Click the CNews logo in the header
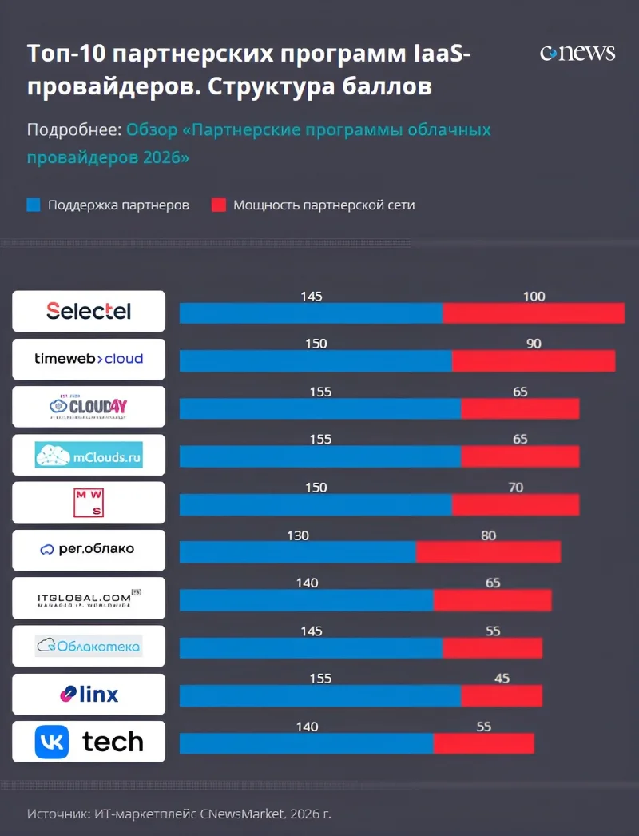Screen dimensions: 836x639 point(577,54)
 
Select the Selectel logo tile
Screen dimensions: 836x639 point(89,311)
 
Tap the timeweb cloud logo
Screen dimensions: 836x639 point(89,359)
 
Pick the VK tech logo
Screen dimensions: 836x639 point(89,742)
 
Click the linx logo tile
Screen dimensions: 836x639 point(89,694)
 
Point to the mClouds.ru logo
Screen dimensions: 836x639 point(89,455)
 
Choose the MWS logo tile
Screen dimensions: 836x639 point(89,502)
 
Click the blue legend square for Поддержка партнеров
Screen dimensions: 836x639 point(34,205)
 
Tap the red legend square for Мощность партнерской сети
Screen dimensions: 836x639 point(219,205)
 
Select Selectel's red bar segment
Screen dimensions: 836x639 point(534,313)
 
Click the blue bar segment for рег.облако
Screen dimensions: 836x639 point(297,552)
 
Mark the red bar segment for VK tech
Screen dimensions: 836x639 point(483,743)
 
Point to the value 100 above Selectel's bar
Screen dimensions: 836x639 point(534,297)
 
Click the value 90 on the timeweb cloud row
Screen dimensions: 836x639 point(534,344)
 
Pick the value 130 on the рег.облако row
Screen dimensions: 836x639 point(297,535)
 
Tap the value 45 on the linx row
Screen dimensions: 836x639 point(502,679)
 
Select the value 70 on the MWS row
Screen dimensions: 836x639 point(515,488)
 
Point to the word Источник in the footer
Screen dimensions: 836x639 point(57,814)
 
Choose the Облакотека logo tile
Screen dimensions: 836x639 point(89,646)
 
